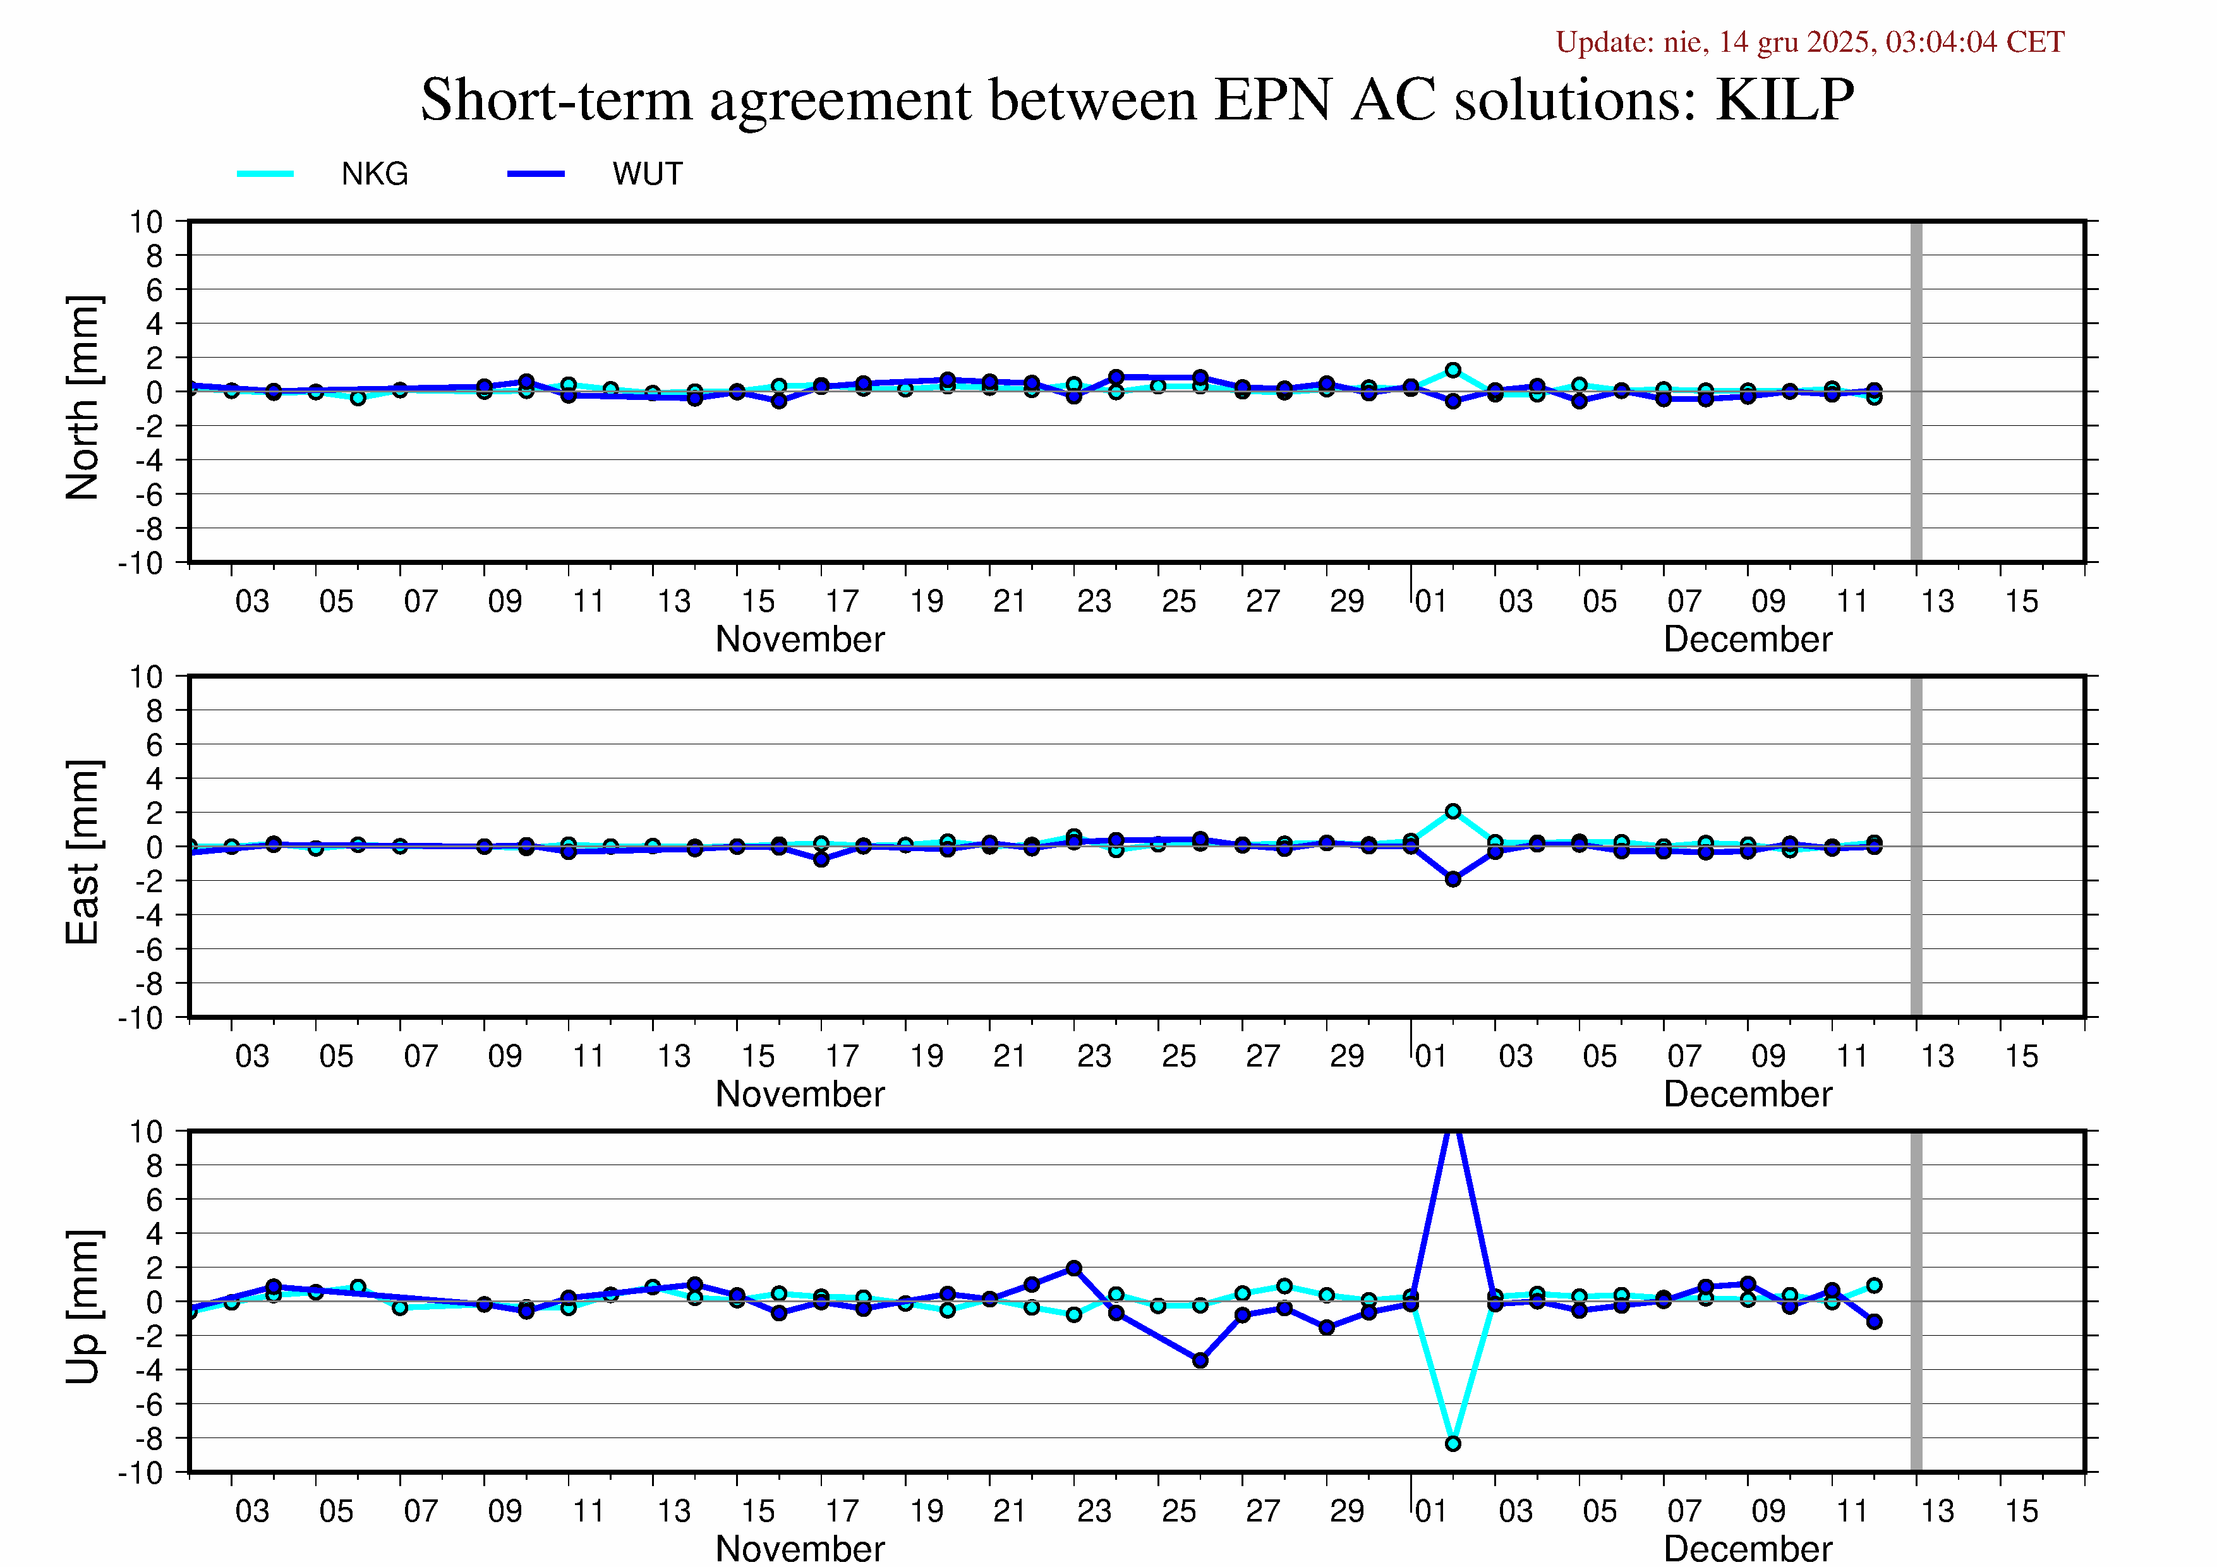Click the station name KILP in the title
click(1784, 99)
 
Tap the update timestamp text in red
click(1809, 42)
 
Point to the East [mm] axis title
click(83, 852)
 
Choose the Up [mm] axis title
click(83, 1306)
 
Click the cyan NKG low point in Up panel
click(1453, 1443)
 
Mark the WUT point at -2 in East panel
click(1453, 879)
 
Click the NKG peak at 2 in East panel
click(1453, 811)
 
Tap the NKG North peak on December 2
click(1453, 370)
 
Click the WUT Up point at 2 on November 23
click(1073, 1268)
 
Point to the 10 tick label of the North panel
click(147, 222)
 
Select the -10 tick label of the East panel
click(141, 1018)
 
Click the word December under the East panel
click(1747, 1094)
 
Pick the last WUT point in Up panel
click(1873, 1321)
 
